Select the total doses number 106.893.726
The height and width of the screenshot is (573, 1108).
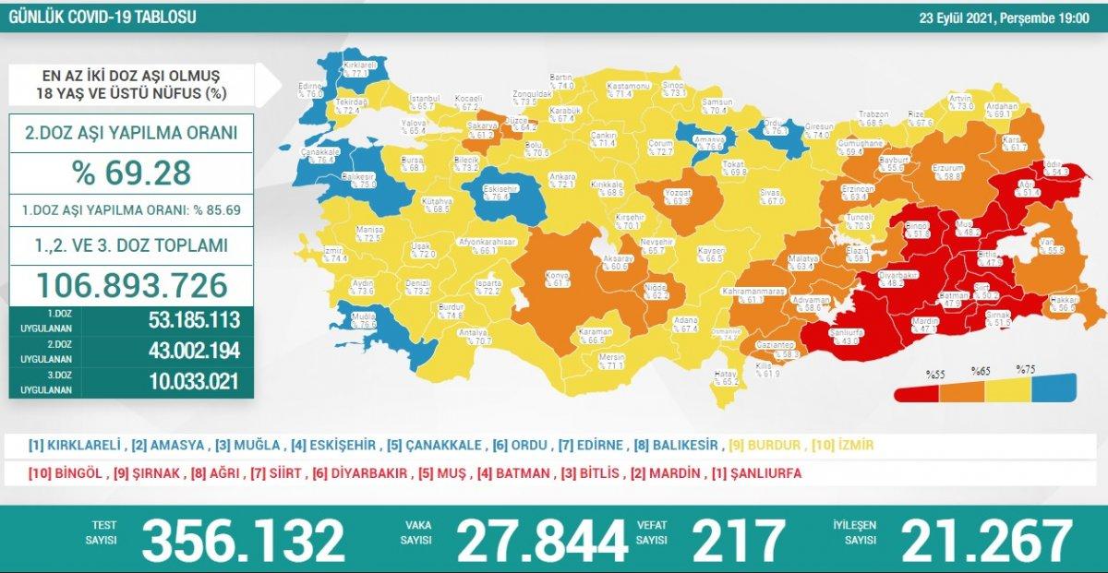131,286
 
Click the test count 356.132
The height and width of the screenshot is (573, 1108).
243,540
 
